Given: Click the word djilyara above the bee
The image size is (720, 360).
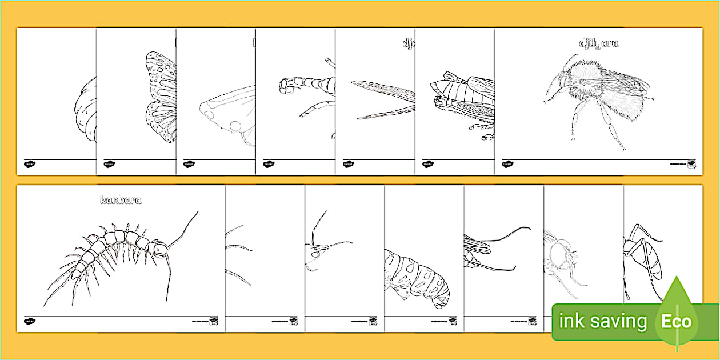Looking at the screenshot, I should click(x=598, y=43).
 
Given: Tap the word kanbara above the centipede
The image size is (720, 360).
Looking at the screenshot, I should click(x=121, y=200).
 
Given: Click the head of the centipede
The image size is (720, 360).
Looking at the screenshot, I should click(x=161, y=248).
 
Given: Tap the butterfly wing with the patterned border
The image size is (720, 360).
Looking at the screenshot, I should click(x=159, y=97).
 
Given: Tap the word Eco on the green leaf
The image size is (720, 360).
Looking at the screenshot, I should click(x=677, y=321).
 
